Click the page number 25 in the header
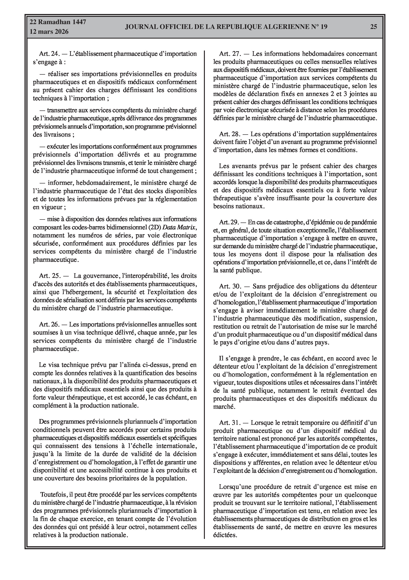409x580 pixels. [x=373, y=27]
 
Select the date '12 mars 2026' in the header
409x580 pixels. [x=49, y=32]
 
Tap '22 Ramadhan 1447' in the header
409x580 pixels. [x=58, y=22]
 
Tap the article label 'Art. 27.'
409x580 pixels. [x=229, y=54]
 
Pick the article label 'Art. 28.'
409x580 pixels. [x=229, y=134]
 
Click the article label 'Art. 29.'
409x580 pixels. [x=229, y=222]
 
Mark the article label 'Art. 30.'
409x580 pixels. [x=229, y=287]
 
